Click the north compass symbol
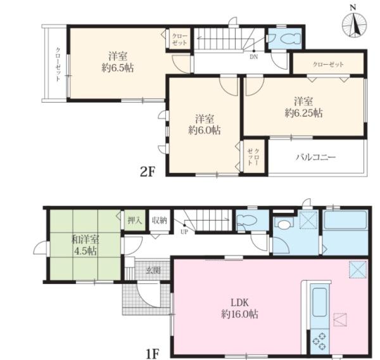[354, 23]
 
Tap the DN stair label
[254, 57]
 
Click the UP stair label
[184, 232]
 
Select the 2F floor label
[148, 172]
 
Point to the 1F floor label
[153, 354]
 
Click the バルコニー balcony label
[316, 157]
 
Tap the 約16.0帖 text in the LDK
[239, 314]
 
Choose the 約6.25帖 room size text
[303, 113]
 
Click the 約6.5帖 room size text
[118, 68]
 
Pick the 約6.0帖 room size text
[205, 131]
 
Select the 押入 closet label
[135, 221]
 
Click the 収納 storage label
[160, 221]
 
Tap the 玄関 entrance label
[153, 270]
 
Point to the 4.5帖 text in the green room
[85, 251]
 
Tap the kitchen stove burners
[319, 342]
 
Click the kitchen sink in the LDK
[319, 302]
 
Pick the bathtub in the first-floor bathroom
[345, 220]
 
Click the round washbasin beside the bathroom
[284, 224]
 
